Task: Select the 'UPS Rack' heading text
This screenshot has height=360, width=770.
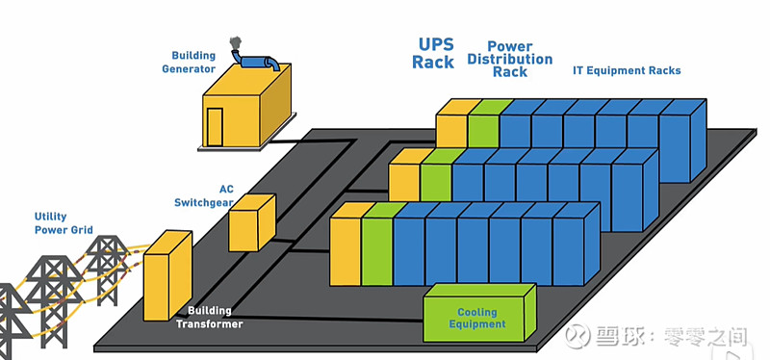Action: click(x=433, y=54)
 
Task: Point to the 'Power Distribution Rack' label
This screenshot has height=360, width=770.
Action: click(x=509, y=59)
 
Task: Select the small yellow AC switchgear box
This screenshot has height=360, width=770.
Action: click(x=251, y=222)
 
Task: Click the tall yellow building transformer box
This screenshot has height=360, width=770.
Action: click(x=167, y=276)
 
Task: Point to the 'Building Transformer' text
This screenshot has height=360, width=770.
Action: click(x=209, y=319)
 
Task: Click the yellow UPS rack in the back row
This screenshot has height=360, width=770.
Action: click(x=451, y=125)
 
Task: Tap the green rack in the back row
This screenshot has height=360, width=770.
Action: click(x=483, y=123)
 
